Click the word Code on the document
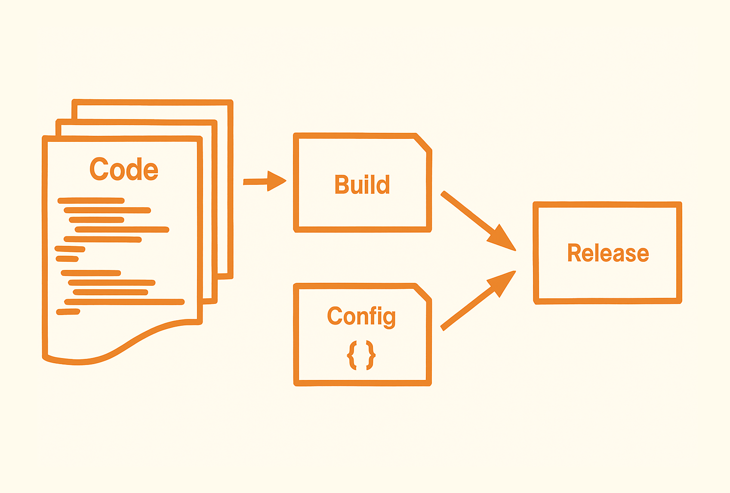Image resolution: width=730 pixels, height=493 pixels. tap(124, 169)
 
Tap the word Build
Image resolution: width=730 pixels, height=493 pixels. tap(362, 185)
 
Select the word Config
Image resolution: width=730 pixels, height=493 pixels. tap(361, 317)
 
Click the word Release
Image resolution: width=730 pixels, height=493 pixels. tap(608, 253)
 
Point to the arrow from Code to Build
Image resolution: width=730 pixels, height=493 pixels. tap(264, 181)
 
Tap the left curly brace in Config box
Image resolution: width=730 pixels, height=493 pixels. tap(352, 355)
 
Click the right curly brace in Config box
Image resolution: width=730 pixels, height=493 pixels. tap(370, 355)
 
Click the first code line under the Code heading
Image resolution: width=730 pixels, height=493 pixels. tap(91, 201)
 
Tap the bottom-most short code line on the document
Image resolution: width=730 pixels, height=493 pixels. tap(68, 312)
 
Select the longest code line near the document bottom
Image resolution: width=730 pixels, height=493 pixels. tap(124, 302)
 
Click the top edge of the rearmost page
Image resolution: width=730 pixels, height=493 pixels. tap(153, 102)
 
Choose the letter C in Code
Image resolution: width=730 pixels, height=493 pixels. tap(99, 169)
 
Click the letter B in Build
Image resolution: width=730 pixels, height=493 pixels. tap(342, 185)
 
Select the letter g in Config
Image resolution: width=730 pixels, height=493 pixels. tap(388, 319)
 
